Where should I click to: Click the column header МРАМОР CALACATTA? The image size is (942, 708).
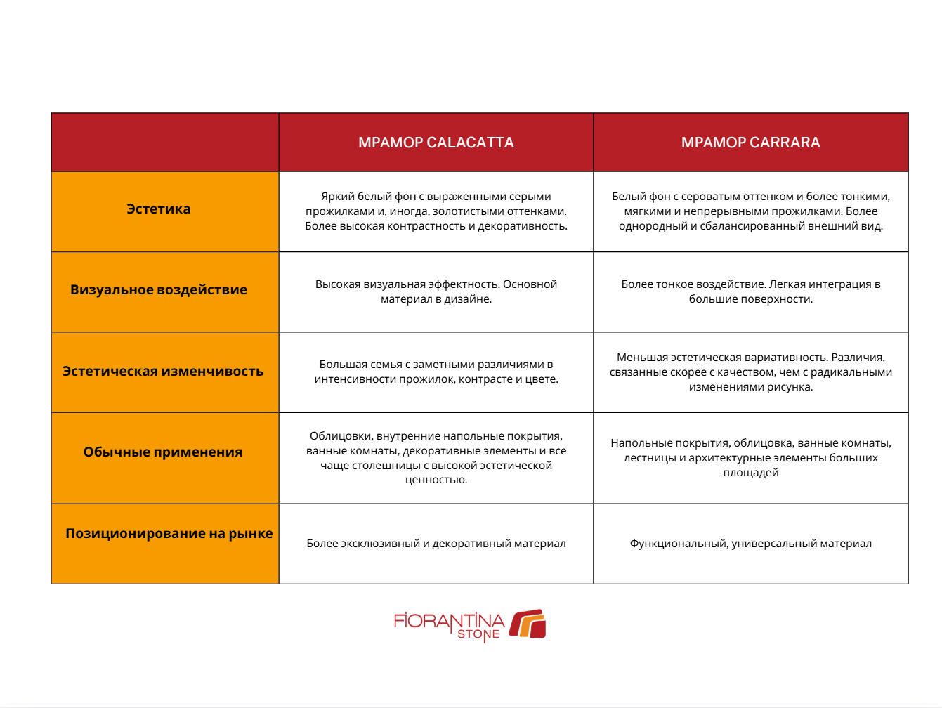436,143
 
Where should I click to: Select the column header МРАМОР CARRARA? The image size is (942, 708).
750,143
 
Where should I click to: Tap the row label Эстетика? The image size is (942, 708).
158,209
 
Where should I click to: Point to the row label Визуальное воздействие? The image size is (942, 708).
159,290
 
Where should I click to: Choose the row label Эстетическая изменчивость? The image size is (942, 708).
163,372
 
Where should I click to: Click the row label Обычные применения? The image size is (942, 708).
163,452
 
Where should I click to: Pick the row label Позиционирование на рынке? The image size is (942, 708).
169,534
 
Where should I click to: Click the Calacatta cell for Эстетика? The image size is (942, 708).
436,211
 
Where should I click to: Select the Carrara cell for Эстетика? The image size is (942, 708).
750,211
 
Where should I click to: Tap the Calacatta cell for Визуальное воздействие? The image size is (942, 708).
436,291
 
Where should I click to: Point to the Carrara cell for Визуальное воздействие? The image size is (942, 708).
750,291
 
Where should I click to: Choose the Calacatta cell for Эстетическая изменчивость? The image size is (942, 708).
436,372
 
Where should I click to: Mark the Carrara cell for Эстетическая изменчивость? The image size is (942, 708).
750,372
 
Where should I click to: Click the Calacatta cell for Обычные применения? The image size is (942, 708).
436,458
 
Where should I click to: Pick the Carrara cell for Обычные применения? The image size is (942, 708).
750,458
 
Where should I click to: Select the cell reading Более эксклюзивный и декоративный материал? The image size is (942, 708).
436,544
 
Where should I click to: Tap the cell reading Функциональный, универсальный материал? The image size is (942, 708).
750,544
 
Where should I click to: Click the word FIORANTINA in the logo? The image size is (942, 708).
449,621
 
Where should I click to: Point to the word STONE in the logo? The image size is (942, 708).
478,634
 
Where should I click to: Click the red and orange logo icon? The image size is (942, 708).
528,624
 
